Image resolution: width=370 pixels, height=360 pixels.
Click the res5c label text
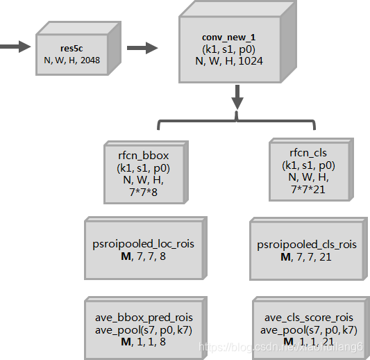tap(72, 47)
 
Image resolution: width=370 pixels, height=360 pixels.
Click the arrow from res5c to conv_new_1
tap(142, 48)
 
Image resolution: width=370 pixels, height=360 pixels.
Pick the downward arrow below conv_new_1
tap(237, 97)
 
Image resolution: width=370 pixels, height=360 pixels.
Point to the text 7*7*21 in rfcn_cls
tap(308, 188)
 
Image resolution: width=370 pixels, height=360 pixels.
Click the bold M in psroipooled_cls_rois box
tap(285, 256)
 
